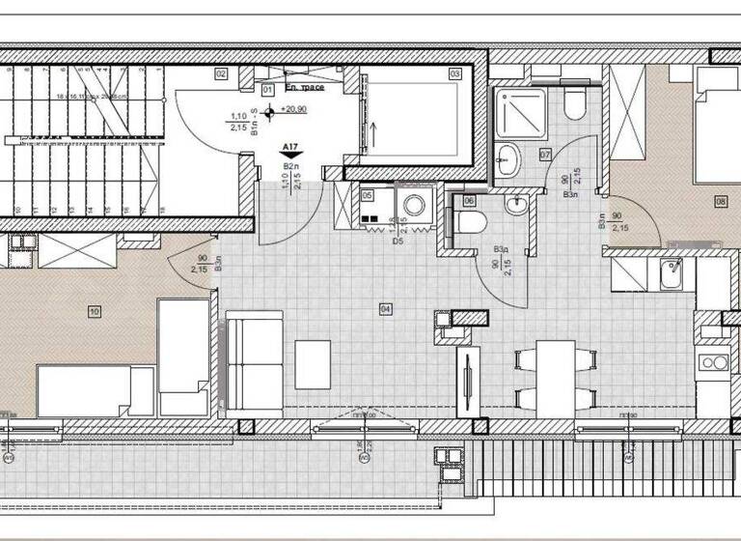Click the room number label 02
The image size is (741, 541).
click(221, 73)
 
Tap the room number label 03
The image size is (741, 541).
click(453, 72)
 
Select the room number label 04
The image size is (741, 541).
click(385, 309)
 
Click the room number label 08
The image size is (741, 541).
click(721, 202)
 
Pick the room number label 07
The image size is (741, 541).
click(545, 155)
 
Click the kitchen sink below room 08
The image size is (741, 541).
click(670, 273)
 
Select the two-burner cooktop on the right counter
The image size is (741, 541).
click(715, 363)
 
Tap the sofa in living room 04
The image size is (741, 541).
click(253, 364)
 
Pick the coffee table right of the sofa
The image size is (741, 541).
click(313, 361)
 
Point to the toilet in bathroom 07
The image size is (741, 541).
click(575, 104)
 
